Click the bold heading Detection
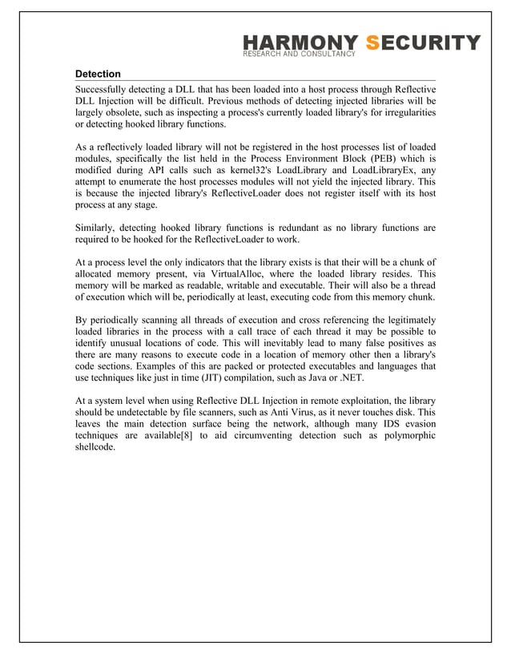point(98,74)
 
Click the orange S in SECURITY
point(372,42)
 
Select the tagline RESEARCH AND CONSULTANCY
point(298,54)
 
